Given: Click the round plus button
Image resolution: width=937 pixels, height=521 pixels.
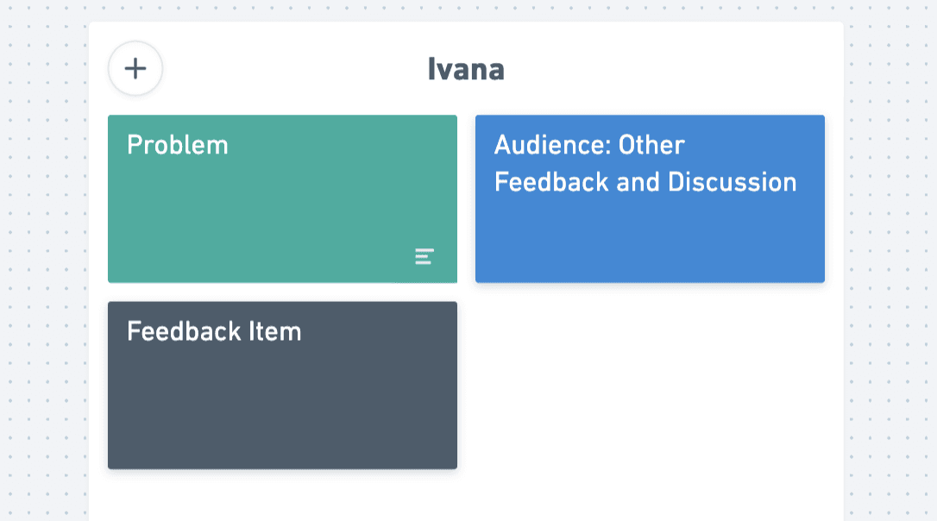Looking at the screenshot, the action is point(135,68).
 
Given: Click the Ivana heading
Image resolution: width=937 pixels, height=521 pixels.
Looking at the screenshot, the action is point(466,69).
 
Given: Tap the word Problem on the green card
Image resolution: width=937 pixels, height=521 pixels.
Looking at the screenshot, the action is point(178,145).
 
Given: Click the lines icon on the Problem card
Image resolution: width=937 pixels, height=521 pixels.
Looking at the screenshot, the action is point(424,256).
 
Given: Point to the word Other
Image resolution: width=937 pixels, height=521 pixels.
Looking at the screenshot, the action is point(651,145).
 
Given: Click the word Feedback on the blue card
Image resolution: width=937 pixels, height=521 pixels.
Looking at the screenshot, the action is point(551,182).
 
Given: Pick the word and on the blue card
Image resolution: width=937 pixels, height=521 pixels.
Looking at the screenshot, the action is point(638,182).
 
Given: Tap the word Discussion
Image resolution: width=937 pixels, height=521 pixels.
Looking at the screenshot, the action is point(732,182).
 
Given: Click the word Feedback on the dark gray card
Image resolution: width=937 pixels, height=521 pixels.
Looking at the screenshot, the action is point(184,331).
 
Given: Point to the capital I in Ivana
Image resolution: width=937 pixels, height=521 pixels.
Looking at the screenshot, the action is point(431,69).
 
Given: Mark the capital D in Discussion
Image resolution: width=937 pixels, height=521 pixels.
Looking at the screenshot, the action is point(676,182).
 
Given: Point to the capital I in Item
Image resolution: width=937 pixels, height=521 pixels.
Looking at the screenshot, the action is point(252,331).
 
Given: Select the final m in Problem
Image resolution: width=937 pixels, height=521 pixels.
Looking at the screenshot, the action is point(217,148).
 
